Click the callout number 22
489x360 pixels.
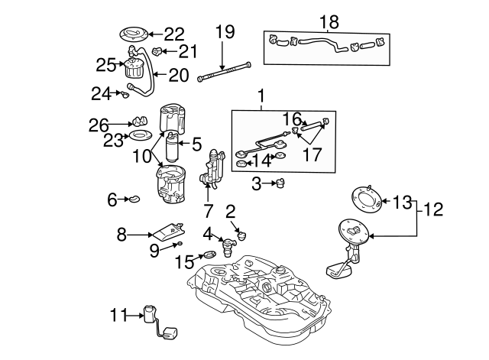point(175,34)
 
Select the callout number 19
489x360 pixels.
point(224,32)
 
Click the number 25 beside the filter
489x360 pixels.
point(105,65)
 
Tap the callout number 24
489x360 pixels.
point(101,93)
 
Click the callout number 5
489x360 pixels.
point(196,143)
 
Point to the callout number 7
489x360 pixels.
point(208,209)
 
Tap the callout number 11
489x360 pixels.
point(118,314)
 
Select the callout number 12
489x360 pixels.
point(432,208)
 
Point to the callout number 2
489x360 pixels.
point(230,210)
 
